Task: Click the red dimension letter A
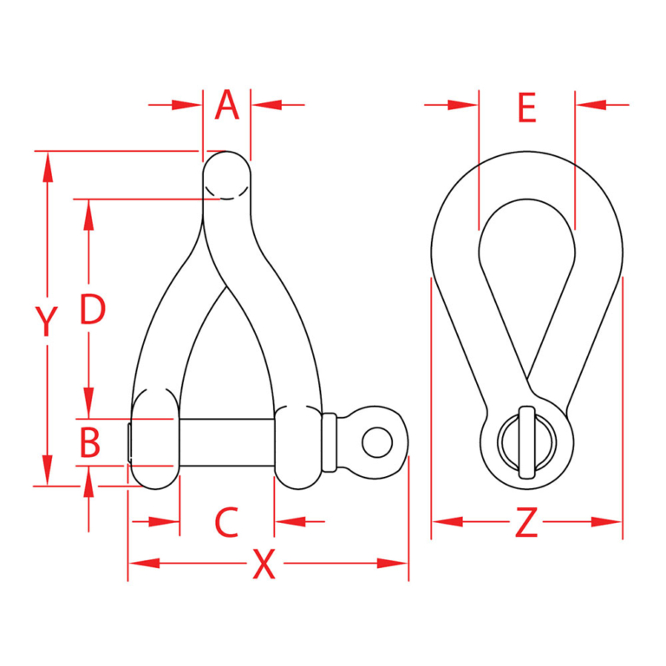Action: [x=226, y=106]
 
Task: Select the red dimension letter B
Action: [x=90, y=442]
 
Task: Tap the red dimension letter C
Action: [x=226, y=522]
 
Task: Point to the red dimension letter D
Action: [x=92, y=310]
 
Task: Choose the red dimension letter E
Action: [x=526, y=108]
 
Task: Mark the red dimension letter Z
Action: [x=526, y=523]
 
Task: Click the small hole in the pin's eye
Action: [x=376, y=442]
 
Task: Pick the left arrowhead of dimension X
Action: [x=143, y=564]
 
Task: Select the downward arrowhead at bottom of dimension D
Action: [x=88, y=404]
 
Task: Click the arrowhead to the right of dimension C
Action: [x=288, y=522]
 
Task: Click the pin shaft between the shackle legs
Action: [x=226, y=442]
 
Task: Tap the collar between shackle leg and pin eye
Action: [x=329, y=442]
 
